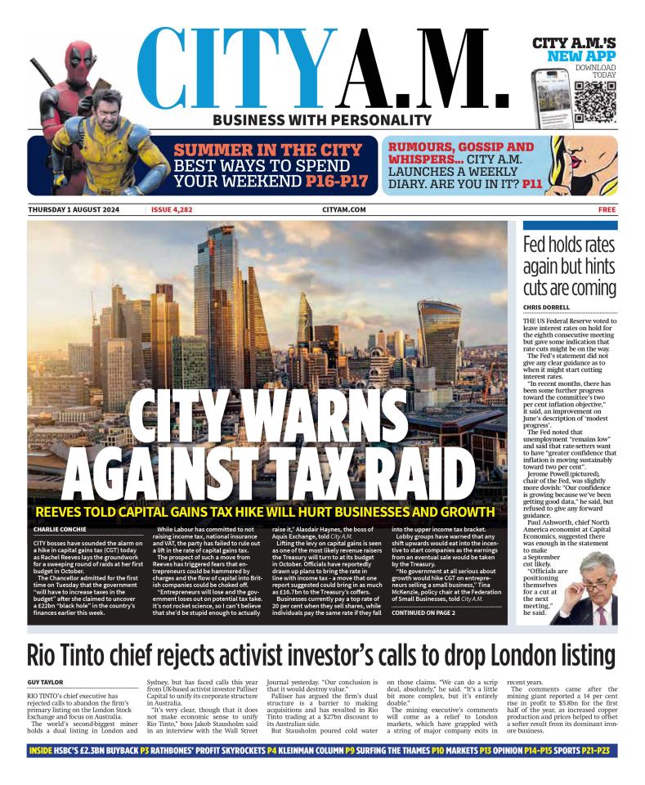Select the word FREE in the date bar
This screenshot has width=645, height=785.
pos(607,210)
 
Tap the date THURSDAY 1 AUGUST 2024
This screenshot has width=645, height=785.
pos(74,210)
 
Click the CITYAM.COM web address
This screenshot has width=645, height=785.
pos(343,210)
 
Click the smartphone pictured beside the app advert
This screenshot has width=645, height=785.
pos(549,97)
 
